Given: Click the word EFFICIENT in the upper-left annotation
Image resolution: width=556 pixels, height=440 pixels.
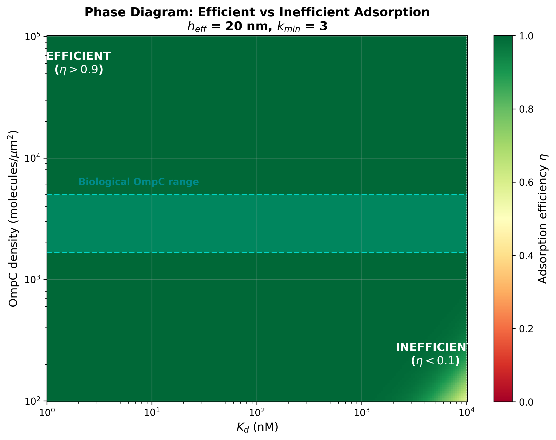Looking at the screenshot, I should point(78,56).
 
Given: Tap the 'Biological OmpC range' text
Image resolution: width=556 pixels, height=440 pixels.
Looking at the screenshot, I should point(138,182).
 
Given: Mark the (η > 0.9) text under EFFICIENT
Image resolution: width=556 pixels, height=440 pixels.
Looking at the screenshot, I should point(79,70).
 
